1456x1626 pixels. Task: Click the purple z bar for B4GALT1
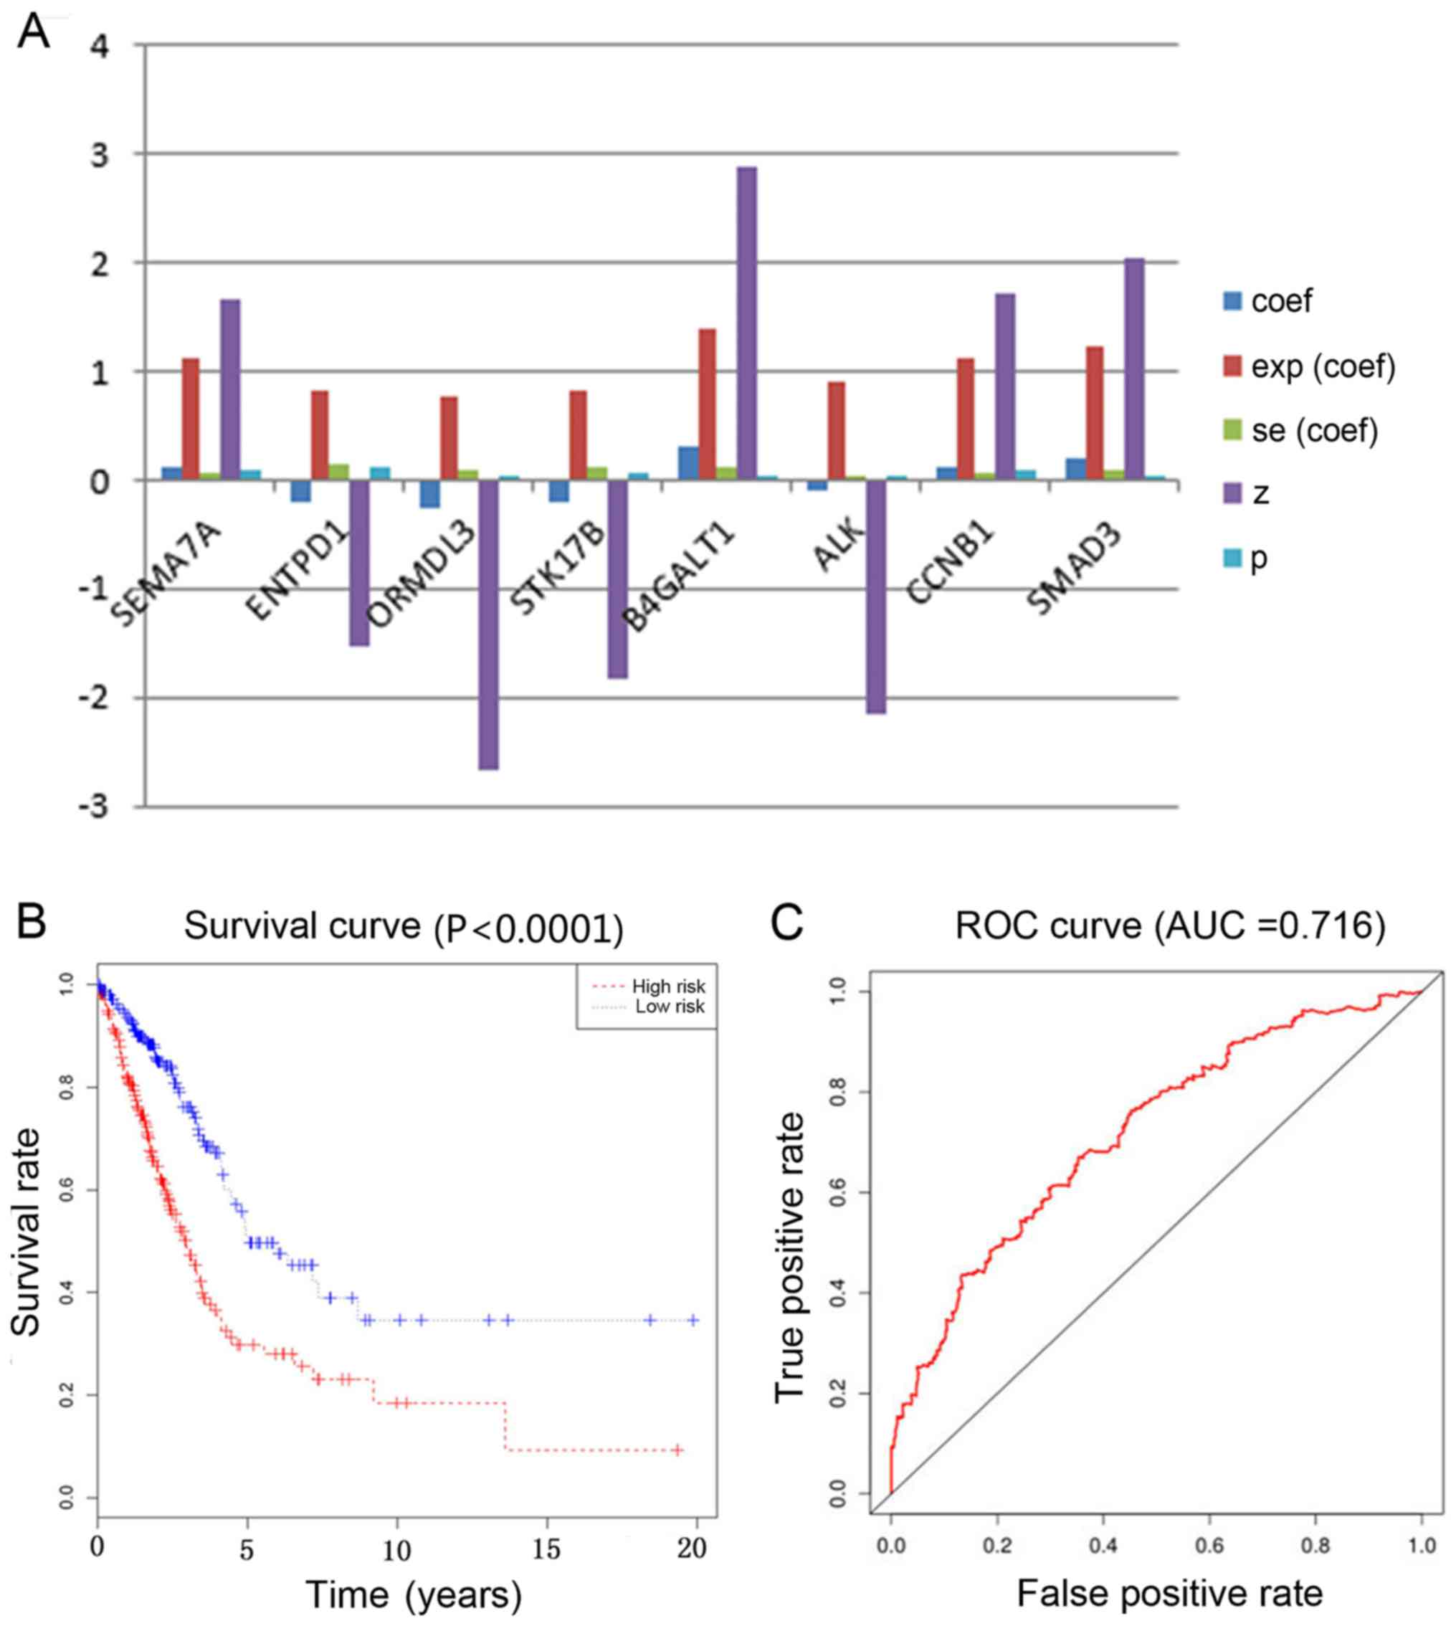pos(746,323)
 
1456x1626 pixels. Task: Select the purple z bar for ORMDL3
pos(488,624)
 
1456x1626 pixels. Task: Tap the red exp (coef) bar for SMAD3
pos(1095,413)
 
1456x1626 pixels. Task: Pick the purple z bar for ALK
pos(876,596)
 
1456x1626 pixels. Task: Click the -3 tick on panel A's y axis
pos(95,807)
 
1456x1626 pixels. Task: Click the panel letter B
pos(32,923)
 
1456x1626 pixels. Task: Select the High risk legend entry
pos(650,986)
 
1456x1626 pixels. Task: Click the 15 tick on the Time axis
pos(546,1549)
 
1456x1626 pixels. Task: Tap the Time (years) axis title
pos(413,1594)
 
